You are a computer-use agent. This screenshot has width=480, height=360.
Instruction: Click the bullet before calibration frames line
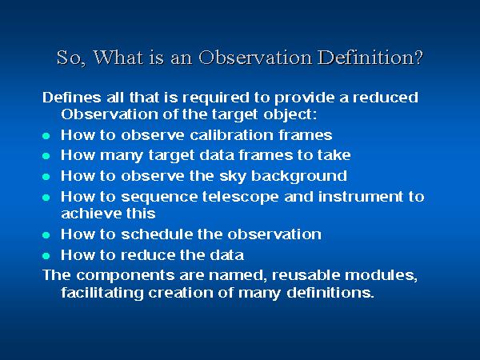[x=46, y=135]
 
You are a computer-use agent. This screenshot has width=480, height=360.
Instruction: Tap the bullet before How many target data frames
[x=46, y=156]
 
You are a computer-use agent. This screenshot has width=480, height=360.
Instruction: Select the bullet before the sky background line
[x=46, y=176]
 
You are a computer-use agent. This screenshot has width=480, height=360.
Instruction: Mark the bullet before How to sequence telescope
[x=46, y=197]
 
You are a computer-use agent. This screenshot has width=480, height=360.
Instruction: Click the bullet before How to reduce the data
[x=46, y=256]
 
